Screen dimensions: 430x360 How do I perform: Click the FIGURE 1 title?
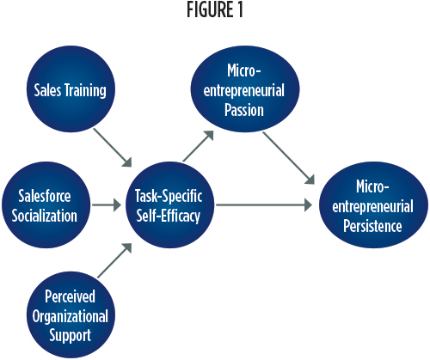(x=215, y=9)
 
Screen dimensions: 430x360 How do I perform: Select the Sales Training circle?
(x=71, y=89)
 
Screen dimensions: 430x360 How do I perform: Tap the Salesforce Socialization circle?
(x=46, y=205)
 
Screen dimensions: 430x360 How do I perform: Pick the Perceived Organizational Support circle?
(x=71, y=314)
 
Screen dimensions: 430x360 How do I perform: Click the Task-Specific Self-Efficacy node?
(x=170, y=205)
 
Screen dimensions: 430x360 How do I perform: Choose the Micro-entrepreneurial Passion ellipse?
(x=245, y=89)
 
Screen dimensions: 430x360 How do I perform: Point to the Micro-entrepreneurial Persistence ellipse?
(x=373, y=205)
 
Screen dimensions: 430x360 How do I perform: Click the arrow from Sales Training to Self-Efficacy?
(x=113, y=148)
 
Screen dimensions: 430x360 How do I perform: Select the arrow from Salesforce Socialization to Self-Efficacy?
(x=107, y=205)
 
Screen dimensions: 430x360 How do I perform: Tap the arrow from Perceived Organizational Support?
(x=114, y=260)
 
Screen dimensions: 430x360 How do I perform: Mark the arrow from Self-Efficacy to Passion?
(x=199, y=146)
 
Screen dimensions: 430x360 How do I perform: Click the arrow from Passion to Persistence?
(x=289, y=158)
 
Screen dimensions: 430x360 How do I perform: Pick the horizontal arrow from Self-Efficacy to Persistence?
(x=264, y=205)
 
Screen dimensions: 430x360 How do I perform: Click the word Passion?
(x=244, y=110)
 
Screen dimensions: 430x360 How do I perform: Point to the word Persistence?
(x=372, y=226)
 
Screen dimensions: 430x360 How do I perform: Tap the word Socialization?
(x=45, y=216)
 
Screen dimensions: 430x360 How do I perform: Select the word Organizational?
(x=71, y=316)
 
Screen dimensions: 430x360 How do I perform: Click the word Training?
(x=84, y=91)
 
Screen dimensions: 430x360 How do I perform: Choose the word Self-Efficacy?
(x=168, y=216)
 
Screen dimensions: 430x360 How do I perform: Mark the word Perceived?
(x=71, y=296)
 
